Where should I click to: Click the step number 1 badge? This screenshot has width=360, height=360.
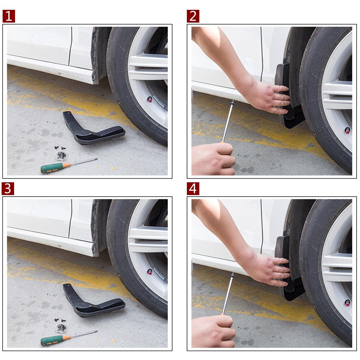click(9, 16)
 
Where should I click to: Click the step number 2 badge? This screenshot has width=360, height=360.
click(193, 16)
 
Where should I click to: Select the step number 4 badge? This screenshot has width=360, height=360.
click(193, 189)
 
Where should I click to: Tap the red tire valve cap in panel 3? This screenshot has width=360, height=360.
click(150, 272)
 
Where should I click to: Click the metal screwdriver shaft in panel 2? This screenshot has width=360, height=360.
click(228, 121)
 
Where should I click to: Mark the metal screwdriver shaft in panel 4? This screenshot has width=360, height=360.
click(228, 293)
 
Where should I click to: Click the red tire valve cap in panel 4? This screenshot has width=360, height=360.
click(347, 303)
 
